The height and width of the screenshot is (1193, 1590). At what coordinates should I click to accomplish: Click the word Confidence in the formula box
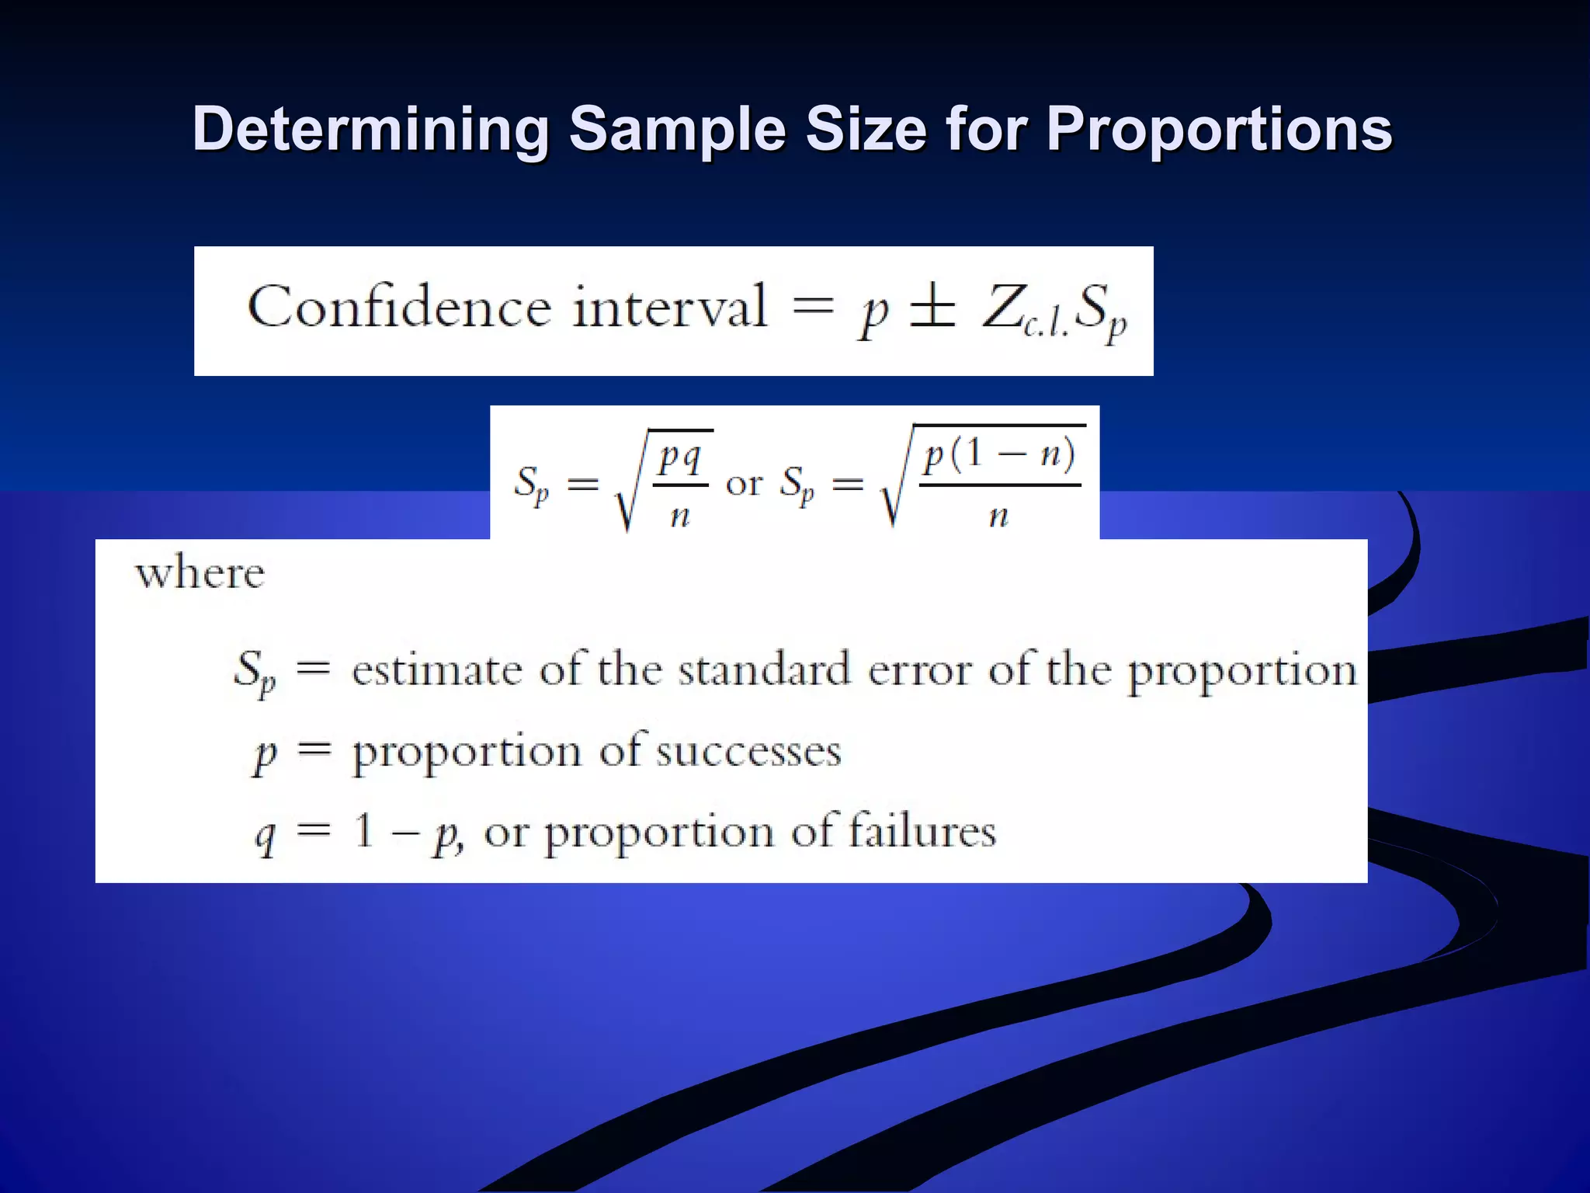point(399,307)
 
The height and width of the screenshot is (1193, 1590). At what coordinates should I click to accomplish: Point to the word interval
point(669,307)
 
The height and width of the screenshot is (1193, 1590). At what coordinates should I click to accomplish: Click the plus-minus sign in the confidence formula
point(932,308)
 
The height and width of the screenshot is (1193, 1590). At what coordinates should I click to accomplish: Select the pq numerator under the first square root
point(680,458)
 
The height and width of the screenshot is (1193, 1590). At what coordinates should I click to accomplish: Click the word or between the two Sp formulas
point(744,484)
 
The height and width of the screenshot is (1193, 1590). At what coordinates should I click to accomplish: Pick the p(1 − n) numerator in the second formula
point(999,455)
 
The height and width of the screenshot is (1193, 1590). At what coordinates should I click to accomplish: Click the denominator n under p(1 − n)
point(998,515)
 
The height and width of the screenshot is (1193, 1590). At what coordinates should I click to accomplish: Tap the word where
point(200,574)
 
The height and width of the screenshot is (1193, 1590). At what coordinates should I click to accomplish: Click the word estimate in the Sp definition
point(436,670)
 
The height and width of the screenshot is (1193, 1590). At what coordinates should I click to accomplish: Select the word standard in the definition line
point(764,670)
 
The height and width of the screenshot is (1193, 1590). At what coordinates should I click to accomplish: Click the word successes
point(748,752)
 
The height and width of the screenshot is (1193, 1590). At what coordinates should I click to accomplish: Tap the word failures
point(922,831)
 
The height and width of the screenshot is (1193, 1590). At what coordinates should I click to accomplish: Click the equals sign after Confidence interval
point(812,306)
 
